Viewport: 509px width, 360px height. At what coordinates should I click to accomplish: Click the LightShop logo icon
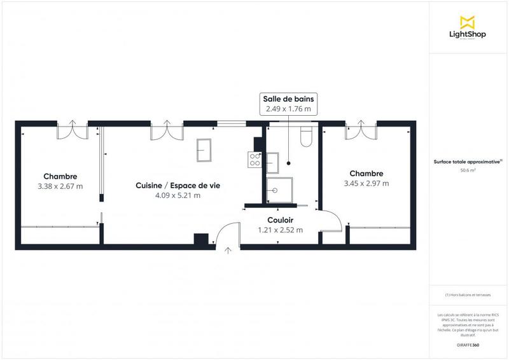468,22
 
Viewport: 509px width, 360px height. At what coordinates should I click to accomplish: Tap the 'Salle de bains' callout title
288,99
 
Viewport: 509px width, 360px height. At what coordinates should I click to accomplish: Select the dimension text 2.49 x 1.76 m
288,109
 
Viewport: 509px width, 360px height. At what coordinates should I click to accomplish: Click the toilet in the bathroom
306,137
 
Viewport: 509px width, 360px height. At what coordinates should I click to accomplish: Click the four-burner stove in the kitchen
255,159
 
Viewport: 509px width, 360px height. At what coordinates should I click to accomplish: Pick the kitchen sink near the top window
205,151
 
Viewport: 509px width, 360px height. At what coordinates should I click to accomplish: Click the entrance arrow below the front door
228,251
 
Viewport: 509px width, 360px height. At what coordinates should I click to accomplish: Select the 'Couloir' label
280,219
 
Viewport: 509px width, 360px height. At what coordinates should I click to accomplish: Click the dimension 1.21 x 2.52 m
280,230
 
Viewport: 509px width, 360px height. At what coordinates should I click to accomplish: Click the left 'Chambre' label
60,176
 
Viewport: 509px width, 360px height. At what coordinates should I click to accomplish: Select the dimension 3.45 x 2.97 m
366,183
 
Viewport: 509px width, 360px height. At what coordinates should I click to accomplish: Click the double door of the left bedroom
72,130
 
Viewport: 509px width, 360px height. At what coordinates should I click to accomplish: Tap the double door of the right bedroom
361,130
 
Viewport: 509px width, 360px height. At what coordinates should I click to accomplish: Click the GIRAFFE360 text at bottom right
468,343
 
